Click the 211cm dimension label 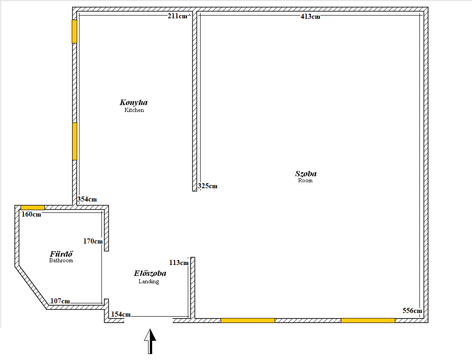pyautogui.click(x=177, y=16)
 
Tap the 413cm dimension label pyautogui.click(x=310, y=16)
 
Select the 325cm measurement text pyautogui.click(x=207, y=186)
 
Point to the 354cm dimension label pyautogui.click(x=87, y=199)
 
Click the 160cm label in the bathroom pyautogui.click(x=31, y=214)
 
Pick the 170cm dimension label pyautogui.click(x=93, y=241)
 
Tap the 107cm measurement pyautogui.click(x=60, y=301)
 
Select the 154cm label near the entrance pyautogui.click(x=121, y=314)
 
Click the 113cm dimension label pyautogui.click(x=179, y=262)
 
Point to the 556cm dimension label pyautogui.click(x=412, y=311)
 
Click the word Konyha pyautogui.click(x=133, y=102)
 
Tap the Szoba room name pyautogui.click(x=306, y=174)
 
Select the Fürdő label pyautogui.click(x=61, y=254)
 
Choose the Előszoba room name pyautogui.click(x=150, y=274)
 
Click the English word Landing pyautogui.click(x=149, y=281)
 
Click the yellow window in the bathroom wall pyautogui.click(x=32, y=207)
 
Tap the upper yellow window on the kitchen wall pyautogui.click(x=74, y=31)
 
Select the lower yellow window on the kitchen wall pyautogui.click(x=74, y=141)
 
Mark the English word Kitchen pyautogui.click(x=134, y=110)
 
